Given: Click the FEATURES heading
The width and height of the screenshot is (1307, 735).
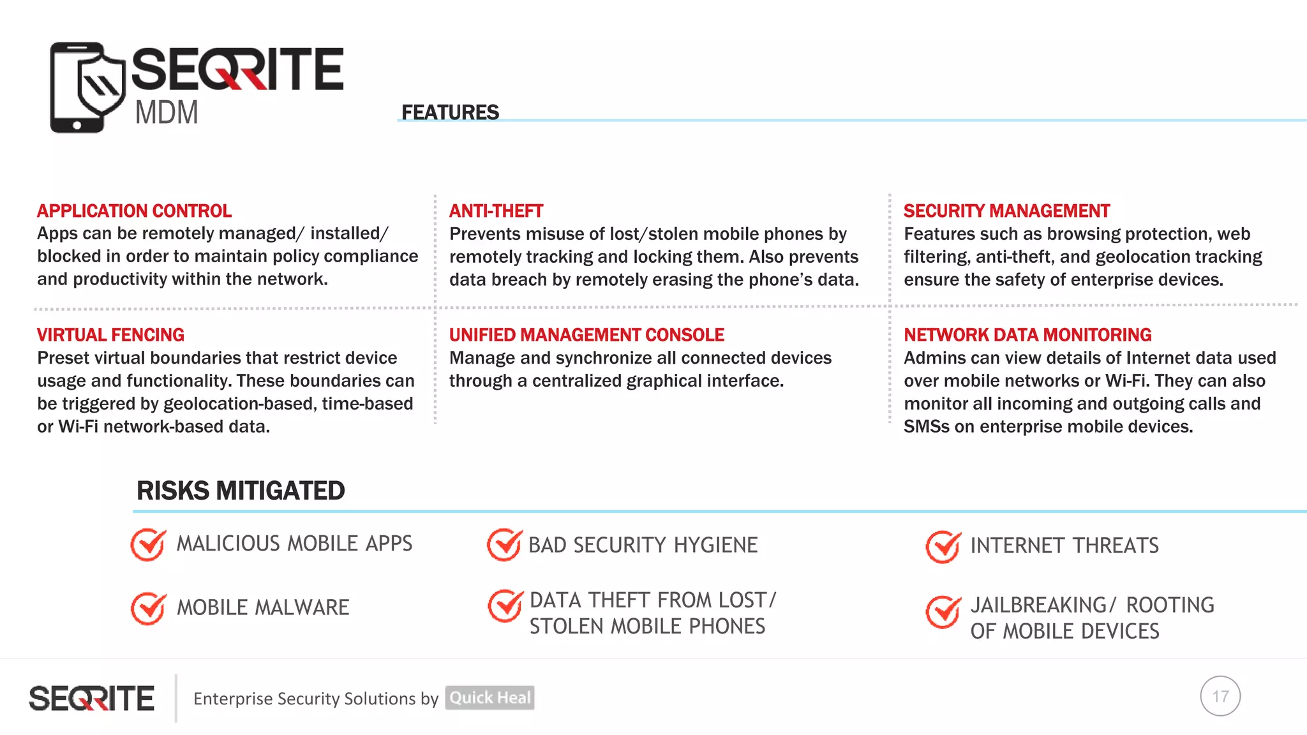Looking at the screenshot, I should pos(450,112).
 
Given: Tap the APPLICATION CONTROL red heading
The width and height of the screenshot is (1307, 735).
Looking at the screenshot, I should pos(134,211).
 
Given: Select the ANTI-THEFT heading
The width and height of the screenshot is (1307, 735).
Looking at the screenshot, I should pos(496,211).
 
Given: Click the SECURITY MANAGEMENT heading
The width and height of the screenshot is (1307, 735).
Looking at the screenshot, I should pos(1006,211).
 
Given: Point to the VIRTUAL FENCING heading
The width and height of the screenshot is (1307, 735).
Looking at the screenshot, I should pos(110,335).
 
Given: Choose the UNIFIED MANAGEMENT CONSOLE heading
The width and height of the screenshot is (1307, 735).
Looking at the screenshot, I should pos(586,335).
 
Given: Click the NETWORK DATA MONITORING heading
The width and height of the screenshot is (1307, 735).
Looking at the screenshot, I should pos(1027,335).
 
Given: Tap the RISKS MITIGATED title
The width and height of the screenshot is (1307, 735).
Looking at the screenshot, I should pos(241,491).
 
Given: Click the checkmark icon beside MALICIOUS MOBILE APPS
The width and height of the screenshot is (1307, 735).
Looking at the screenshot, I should pos(148,545).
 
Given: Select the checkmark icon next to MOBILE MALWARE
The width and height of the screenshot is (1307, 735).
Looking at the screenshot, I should pos(148,608).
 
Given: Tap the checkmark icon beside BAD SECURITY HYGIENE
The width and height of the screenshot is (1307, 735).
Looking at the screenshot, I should pos(504,545).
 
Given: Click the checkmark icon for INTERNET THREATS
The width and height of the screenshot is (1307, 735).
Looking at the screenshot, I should pos(943,547).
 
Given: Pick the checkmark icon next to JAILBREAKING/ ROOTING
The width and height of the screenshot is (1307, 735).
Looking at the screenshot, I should pos(943,612).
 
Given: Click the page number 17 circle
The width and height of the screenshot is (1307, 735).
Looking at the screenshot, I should pos(1220,696).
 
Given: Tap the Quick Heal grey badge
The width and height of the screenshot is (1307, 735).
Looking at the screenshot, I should pos(489,697).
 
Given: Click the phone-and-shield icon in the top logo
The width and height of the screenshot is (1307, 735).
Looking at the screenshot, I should pos(87,87).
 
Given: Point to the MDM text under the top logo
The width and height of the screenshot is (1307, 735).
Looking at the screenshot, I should pos(167,113).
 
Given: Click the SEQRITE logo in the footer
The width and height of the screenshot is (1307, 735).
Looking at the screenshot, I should pos(91,698).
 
